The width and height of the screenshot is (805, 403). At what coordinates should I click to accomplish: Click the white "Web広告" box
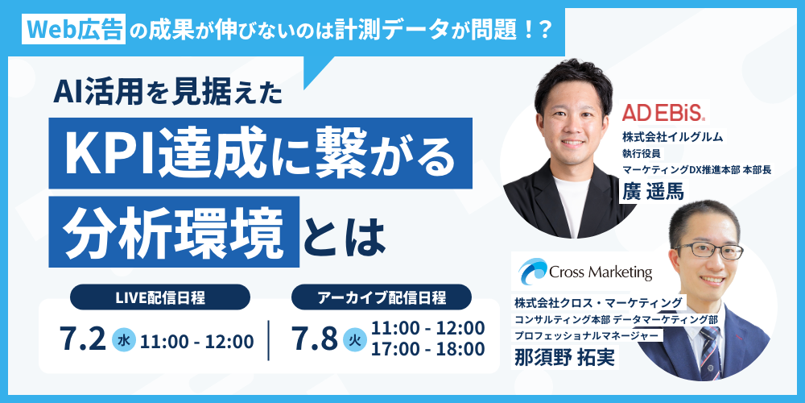pos(74,31)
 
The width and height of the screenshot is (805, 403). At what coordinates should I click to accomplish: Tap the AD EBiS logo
pos(664,114)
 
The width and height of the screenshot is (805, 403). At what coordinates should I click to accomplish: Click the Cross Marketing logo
pos(584,271)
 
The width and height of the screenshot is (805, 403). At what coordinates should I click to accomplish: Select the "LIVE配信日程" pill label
pos(159,297)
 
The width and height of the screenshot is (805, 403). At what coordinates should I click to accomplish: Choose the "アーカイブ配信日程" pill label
pos(382,297)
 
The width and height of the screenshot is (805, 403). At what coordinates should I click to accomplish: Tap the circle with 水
pos(124,340)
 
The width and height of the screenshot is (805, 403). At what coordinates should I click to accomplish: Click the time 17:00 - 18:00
pos(428,350)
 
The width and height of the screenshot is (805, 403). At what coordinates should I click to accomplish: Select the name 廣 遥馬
pos(653,192)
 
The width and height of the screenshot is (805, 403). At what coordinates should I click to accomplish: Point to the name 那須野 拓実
pos(563,359)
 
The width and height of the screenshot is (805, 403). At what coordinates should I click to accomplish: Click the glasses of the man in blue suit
pos(709,251)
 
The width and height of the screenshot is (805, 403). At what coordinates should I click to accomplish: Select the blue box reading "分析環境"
pos(174,232)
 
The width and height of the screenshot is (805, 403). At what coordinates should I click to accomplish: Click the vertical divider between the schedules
pos(269,340)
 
